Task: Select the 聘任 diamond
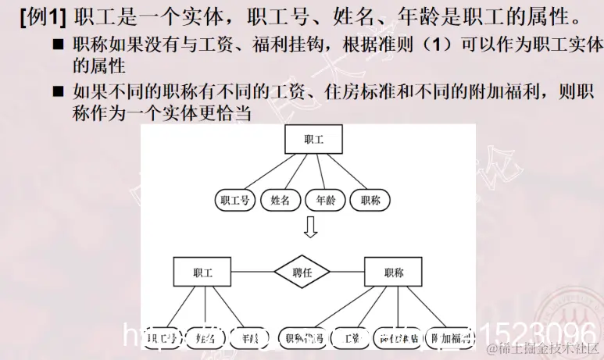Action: (x=302, y=273)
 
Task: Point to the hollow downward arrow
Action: (x=310, y=228)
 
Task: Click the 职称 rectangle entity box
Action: (x=394, y=273)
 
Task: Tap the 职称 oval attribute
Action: (x=370, y=201)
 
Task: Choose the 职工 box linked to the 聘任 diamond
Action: (x=202, y=273)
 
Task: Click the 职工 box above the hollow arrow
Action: (x=313, y=138)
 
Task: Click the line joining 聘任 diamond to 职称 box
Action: (x=348, y=273)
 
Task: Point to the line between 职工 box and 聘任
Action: (x=252, y=273)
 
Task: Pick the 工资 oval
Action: (x=352, y=337)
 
